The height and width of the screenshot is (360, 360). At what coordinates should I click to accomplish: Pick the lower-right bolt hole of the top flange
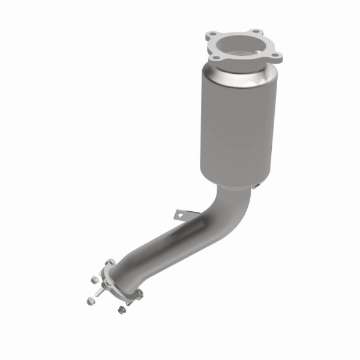277,58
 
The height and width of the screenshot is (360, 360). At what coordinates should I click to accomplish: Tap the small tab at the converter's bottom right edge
257,188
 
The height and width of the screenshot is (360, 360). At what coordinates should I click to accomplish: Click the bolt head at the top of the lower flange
110,263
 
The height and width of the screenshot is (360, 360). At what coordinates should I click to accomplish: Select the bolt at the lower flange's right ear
139,293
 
